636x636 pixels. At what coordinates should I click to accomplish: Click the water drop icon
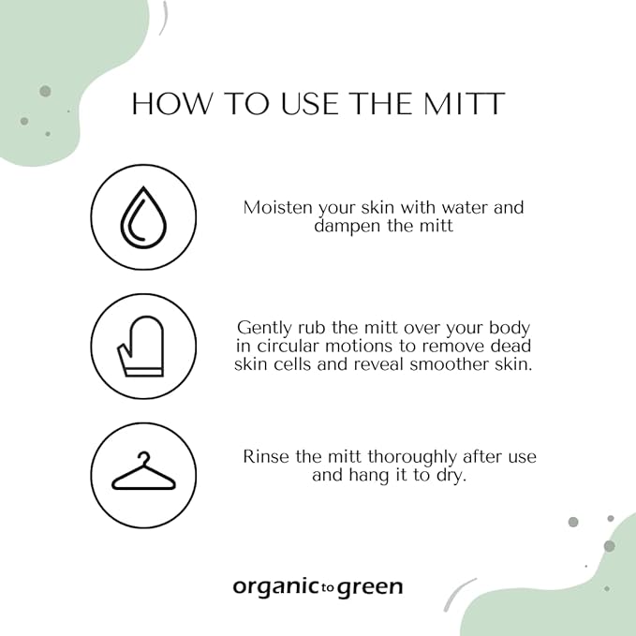point(143,217)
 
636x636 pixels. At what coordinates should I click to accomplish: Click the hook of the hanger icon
point(142,458)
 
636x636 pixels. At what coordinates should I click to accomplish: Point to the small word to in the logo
point(324,589)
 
